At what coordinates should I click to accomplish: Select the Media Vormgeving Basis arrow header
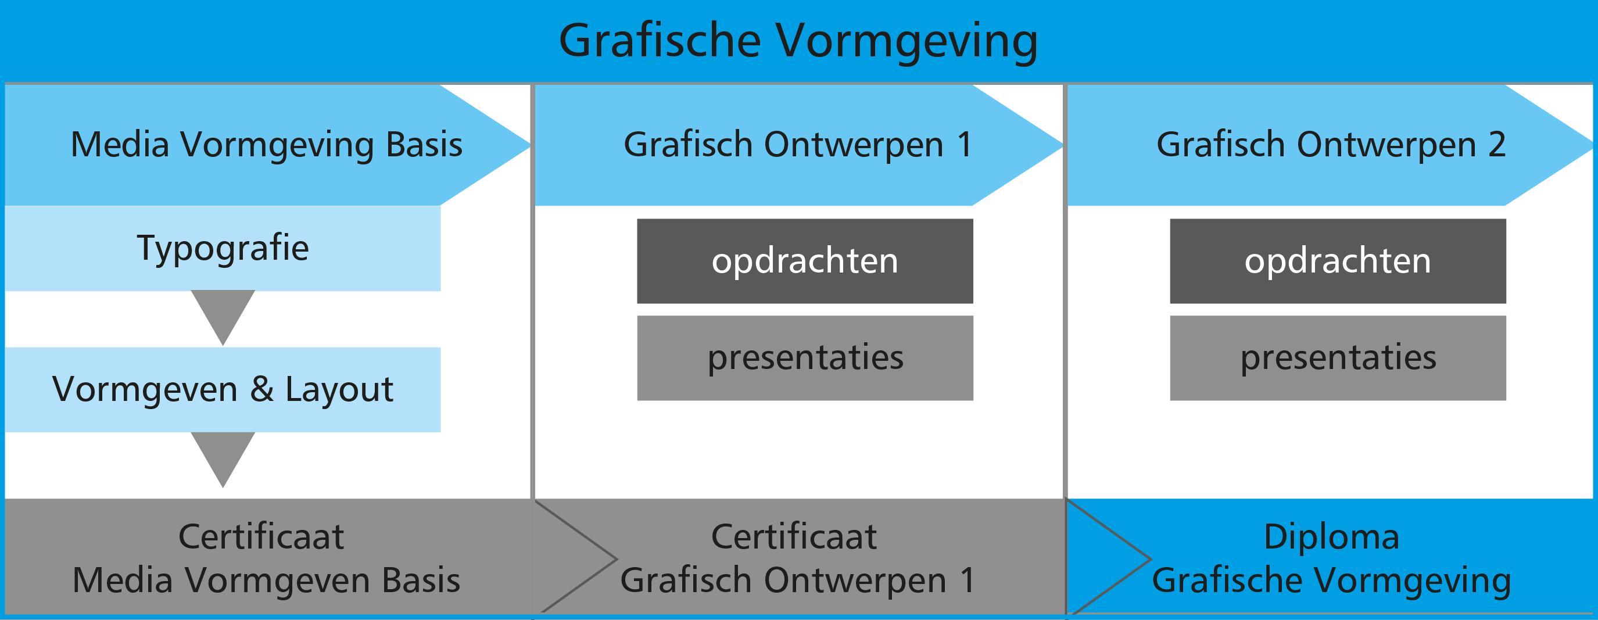pyautogui.click(x=267, y=145)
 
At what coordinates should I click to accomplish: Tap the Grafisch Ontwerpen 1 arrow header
pyautogui.click(x=798, y=145)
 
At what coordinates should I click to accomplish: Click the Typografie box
pyautogui.click(x=223, y=248)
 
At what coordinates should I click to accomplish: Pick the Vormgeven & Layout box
pyautogui.click(x=223, y=390)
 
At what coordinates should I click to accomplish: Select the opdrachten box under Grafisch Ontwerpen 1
pyautogui.click(x=805, y=261)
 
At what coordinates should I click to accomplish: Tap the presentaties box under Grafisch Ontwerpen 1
pyautogui.click(x=805, y=358)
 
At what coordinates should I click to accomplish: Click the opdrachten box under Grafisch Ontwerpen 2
pyautogui.click(x=1338, y=261)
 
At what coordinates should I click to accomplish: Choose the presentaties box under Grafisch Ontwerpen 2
pyautogui.click(x=1338, y=358)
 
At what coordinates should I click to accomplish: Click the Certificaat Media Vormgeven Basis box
pyautogui.click(x=268, y=557)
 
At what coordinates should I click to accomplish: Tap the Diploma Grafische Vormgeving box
pyautogui.click(x=1331, y=557)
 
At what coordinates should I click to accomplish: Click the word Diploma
pyautogui.click(x=1332, y=537)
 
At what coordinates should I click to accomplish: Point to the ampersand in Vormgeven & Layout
pyautogui.click(x=262, y=389)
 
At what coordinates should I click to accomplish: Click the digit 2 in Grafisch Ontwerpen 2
pyautogui.click(x=1497, y=145)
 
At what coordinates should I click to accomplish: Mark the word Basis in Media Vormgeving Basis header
pyautogui.click(x=424, y=145)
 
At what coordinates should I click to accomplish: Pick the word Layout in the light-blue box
pyautogui.click(x=339, y=390)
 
